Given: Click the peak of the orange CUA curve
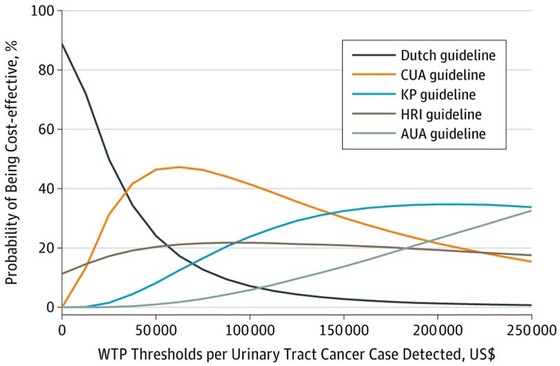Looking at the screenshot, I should click(179, 167).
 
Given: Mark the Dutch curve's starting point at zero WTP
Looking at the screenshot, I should click(62, 44).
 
